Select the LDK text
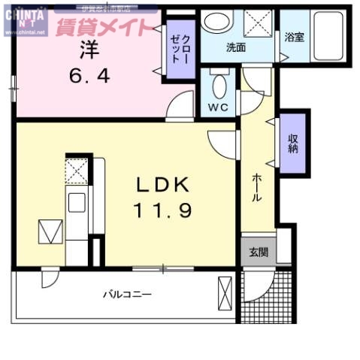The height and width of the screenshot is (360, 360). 165,185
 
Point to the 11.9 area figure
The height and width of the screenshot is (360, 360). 165,210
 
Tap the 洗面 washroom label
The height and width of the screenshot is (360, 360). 236,47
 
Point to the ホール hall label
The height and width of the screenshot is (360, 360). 256,188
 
